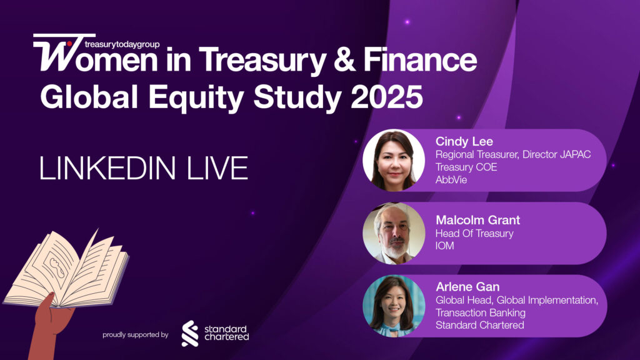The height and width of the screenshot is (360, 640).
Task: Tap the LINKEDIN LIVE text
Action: pyautogui.click(x=144, y=169)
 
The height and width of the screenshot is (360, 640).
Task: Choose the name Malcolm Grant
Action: pyautogui.click(x=477, y=220)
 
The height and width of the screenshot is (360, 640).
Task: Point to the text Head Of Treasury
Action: pyautogui.click(x=474, y=233)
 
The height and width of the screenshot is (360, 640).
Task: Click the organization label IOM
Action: pyautogui.click(x=445, y=246)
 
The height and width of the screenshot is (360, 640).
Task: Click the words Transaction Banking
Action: pyautogui.click(x=480, y=312)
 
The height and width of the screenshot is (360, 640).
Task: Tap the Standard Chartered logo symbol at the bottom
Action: pyautogui.click(x=190, y=333)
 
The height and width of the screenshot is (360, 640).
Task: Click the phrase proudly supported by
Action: pyautogui.click(x=136, y=335)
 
